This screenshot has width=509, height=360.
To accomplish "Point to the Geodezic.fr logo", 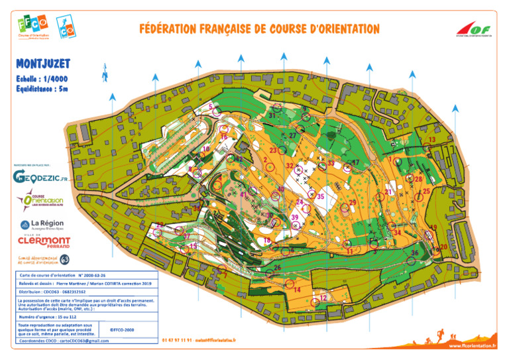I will [x=40, y=176].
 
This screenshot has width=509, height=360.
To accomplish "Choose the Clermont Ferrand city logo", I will [x=44, y=240].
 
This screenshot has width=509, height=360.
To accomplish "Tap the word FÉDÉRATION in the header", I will [x=175, y=30].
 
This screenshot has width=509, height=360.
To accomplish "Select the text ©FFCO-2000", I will [x=121, y=328].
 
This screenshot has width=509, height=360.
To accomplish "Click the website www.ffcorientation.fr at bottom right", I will [x=473, y=345].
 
